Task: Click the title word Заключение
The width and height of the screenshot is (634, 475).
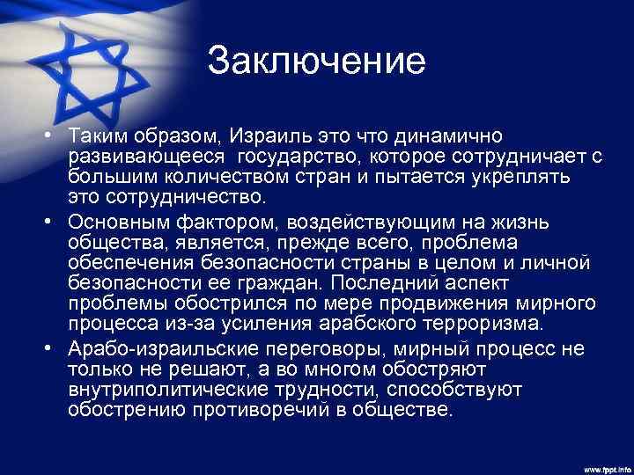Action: [317, 62]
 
